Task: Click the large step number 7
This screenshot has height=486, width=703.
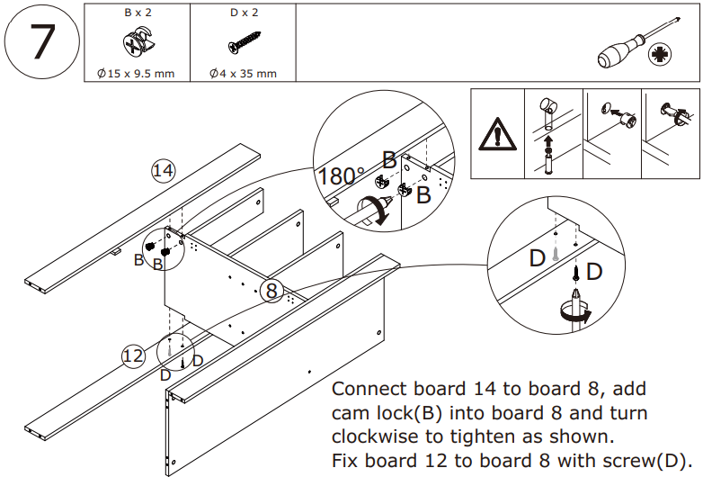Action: click(x=41, y=43)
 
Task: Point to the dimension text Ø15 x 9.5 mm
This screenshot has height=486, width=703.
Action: click(x=136, y=74)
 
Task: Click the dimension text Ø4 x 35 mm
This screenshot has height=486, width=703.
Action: click(x=243, y=74)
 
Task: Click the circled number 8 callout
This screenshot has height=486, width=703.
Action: click(x=273, y=290)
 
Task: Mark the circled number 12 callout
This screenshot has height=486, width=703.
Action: click(x=133, y=356)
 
